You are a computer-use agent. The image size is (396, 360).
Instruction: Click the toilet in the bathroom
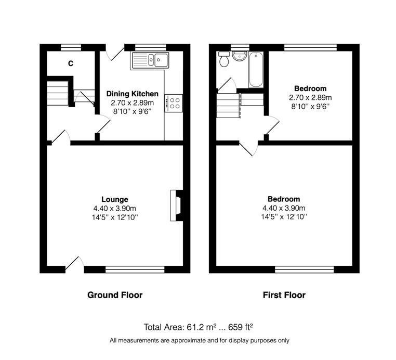[224, 59]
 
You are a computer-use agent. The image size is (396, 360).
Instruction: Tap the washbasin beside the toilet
[239, 56]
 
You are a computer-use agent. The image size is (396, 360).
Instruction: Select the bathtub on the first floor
[256, 70]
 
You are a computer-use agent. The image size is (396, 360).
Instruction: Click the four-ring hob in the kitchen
[174, 103]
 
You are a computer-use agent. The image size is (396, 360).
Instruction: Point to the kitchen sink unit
[150, 60]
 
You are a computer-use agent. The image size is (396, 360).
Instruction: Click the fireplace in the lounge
[177, 205]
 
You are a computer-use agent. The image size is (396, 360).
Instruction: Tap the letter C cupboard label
[71, 63]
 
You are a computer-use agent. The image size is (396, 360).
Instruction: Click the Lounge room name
[115, 199]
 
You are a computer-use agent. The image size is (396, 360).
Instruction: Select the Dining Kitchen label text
[133, 94]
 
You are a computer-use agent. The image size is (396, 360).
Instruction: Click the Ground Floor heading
[115, 295]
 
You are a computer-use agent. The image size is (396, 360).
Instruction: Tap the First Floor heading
[284, 295]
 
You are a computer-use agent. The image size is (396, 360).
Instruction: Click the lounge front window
[135, 269]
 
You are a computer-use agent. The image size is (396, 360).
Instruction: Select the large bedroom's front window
[305, 269]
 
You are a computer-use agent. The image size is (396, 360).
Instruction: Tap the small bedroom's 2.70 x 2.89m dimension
[310, 98]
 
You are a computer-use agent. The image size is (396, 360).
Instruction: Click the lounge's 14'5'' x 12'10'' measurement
[115, 217]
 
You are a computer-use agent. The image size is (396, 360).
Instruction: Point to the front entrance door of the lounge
[74, 265]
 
